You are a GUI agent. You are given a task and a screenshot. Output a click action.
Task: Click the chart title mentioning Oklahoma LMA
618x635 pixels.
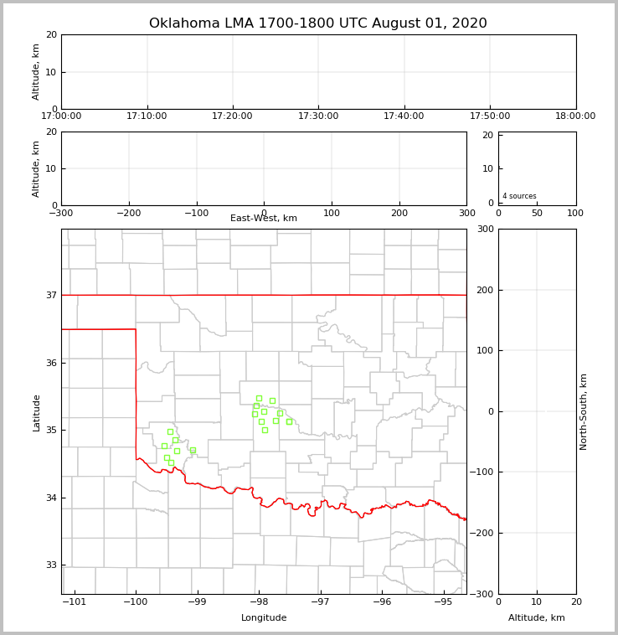click(317, 23)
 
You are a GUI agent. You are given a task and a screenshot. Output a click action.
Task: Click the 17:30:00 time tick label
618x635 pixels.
click(318, 116)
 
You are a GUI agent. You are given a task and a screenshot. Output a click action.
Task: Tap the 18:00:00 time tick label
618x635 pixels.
click(575, 116)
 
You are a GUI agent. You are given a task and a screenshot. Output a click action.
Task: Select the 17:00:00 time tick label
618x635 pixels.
click(61, 116)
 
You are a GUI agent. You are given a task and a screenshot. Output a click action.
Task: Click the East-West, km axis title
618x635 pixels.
click(264, 219)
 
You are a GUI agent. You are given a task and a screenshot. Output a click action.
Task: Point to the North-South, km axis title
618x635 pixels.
click(585, 411)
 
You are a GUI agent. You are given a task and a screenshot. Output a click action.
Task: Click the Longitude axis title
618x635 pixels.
click(264, 618)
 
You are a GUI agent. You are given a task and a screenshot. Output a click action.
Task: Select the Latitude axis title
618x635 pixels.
click(36, 412)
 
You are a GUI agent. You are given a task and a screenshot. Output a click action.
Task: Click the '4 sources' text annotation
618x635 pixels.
click(519, 196)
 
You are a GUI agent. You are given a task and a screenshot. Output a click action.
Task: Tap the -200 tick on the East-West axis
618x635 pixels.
click(128, 213)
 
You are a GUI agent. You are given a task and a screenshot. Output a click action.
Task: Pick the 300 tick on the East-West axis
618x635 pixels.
click(466, 213)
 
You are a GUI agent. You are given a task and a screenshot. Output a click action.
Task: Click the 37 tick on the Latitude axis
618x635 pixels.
click(50, 295)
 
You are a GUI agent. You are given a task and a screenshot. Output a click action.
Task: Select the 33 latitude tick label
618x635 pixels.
click(50, 565)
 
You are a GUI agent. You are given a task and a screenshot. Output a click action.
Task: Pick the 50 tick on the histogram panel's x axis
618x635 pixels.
click(537, 213)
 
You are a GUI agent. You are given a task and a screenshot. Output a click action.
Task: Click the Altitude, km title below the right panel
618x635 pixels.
click(537, 618)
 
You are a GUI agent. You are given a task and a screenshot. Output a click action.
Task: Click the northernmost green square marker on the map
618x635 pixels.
click(259, 398)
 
